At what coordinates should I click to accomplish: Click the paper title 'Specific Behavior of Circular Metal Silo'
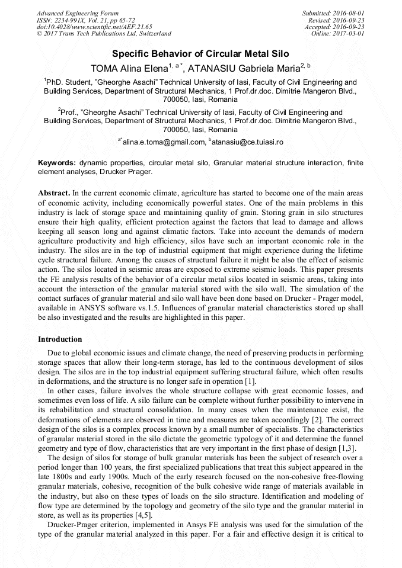click(200, 53)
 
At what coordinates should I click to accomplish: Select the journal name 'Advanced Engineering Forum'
click(77, 13)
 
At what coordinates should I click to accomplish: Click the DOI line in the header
click(94, 27)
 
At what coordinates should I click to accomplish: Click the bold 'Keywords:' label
click(57, 163)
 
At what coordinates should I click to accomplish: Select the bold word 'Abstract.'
click(55, 194)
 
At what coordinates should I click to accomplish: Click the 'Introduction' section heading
click(60, 339)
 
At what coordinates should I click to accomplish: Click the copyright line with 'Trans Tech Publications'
click(103, 34)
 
